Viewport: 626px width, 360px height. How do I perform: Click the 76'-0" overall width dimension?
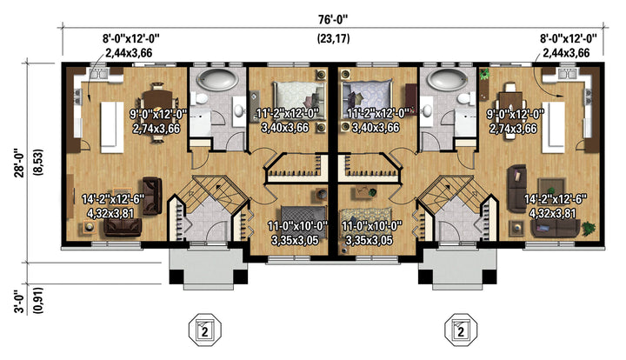[x=333, y=19]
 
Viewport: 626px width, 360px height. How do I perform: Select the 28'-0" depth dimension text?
[x=20, y=163]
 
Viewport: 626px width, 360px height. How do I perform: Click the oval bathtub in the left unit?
[x=218, y=79]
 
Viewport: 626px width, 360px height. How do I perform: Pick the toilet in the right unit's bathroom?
[x=464, y=97]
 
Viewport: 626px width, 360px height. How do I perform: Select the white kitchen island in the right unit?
[x=553, y=127]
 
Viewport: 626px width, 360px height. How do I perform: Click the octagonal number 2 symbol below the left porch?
[x=205, y=330]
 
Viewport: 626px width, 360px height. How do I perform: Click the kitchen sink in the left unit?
[x=97, y=73]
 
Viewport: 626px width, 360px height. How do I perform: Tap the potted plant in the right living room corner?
[x=588, y=228]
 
